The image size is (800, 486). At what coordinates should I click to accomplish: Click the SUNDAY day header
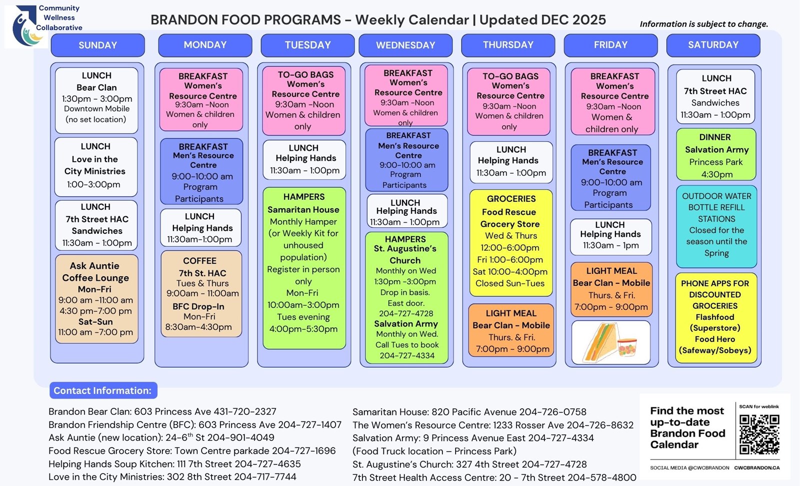(x=97, y=45)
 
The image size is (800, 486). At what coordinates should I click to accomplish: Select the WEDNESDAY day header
(x=405, y=45)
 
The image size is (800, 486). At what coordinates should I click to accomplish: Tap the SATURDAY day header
(x=713, y=45)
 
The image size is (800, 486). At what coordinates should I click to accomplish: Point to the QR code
(x=759, y=434)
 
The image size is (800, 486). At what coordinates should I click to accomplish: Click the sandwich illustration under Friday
(x=610, y=343)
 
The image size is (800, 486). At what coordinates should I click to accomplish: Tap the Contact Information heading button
(x=103, y=390)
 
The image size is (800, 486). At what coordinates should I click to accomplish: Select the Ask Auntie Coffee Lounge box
(x=96, y=299)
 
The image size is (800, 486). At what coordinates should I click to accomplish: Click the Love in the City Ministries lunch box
(x=95, y=166)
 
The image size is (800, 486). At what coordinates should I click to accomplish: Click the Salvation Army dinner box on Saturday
(x=716, y=155)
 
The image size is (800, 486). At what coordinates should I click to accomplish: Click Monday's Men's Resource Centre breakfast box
(x=201, y=172)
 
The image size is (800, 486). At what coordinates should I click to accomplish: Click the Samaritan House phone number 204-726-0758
(x=552, y=412)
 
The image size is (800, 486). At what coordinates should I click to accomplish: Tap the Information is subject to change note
(x=703, y=24)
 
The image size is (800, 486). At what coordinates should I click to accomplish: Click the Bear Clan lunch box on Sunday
(x=96, y=100)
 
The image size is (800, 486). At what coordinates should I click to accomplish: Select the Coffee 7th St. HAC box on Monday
(x=201, y=294)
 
